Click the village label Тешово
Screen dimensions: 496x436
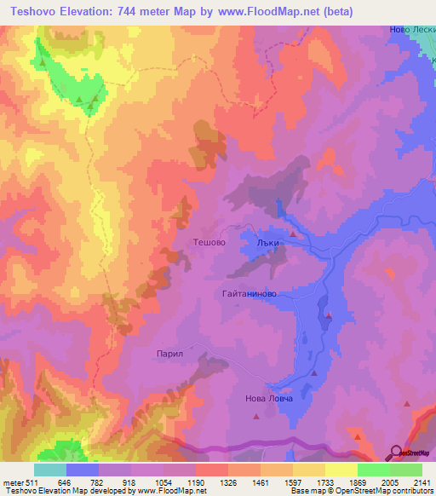210,242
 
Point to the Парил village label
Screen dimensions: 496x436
170,351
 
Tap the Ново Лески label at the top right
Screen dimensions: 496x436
412,28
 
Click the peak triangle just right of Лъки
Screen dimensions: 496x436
294,233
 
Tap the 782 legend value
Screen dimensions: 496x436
99,482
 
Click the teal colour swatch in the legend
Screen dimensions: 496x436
50,470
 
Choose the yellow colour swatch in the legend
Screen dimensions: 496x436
341,470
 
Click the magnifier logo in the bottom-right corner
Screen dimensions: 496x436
397,452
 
